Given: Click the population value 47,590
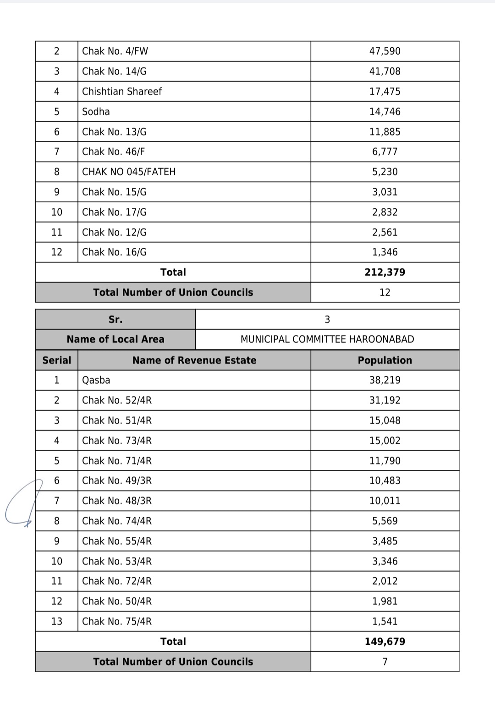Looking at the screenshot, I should coord(385,51).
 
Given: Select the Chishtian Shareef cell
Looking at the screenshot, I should coord(122,91).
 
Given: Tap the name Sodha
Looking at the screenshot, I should coord(96,112).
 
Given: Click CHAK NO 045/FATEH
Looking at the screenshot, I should coord(129,172).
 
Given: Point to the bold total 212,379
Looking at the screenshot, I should coord(385,272).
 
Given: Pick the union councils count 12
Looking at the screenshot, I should coord(385,292).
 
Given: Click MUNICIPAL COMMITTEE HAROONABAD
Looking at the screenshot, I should coord(327,339).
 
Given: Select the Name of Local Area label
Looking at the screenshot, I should coord(115,339).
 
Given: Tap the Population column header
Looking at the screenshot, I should coord(385,360).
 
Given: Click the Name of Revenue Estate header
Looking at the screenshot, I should coord(194,360).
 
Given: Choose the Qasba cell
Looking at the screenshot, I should coord(96,380).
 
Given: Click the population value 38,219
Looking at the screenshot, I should coord(385,380).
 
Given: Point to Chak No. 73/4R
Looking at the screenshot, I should coord(117,441).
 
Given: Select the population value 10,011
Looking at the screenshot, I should coord(385,501).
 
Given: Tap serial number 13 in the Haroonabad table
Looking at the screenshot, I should coord(57,621).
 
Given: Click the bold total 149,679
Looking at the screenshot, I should coord(385,642).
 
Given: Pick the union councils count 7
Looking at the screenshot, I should coord(385,662).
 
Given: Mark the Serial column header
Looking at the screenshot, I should coord(57,360).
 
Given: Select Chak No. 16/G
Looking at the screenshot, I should coord(115,252).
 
